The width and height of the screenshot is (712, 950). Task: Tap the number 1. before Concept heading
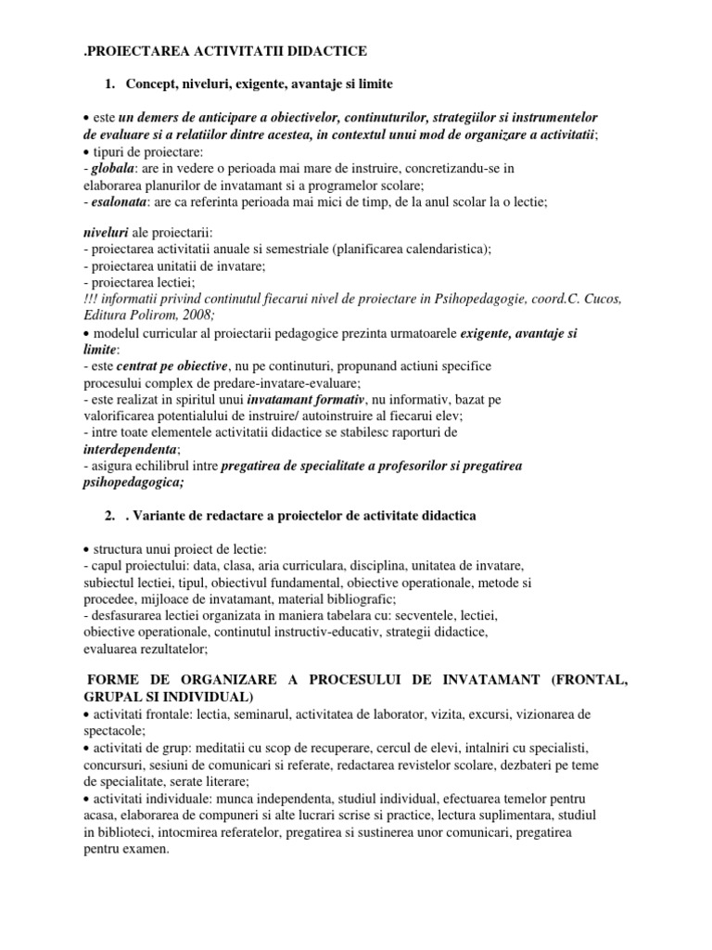112,84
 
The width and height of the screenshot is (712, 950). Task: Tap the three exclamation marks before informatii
93,299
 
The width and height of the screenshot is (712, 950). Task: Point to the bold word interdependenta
127,449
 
